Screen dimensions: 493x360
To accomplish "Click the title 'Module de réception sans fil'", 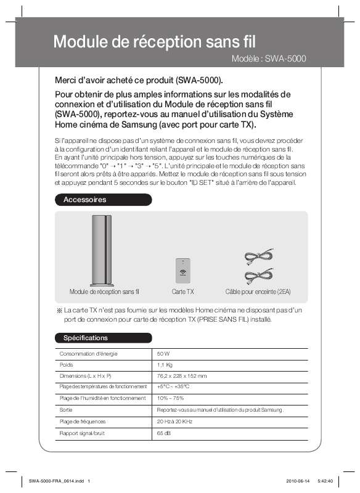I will [154, 42].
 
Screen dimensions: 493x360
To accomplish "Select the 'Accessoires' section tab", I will [85, 200].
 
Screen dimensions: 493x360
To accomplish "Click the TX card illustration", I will [182, 269].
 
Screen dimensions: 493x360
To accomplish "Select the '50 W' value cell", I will [163, 354].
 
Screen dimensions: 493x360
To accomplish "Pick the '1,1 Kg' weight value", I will [165, 365].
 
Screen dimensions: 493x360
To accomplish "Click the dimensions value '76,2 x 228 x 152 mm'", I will [182, 377].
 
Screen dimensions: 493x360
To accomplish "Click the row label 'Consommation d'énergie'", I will [88, 354].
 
